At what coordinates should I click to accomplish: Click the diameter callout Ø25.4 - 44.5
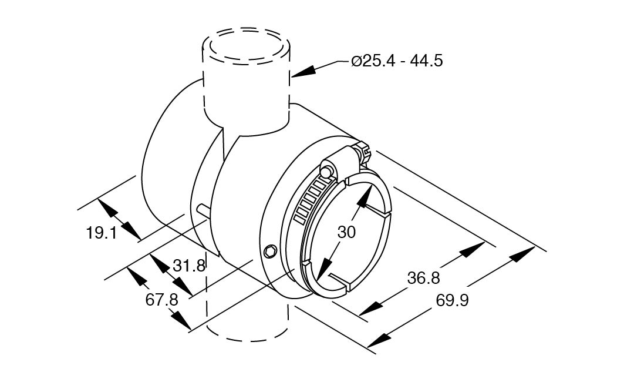pyautogui.click(x=397, y=61)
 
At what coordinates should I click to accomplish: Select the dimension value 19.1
pyautogui.click(x=102, y=233)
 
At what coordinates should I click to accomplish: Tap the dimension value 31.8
pyautogui.click(x=189, y=265)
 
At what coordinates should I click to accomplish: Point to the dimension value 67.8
pyautogui.click(x=161, y=300)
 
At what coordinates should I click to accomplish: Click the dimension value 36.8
pyautogui.click(x=423, y=278)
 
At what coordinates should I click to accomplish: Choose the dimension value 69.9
pyautogui.click(x=453, y=300)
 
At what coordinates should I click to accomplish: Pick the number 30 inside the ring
pyautogui.click(x=346, y=232)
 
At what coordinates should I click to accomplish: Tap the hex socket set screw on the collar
pyautogui.click(x=270, y=251)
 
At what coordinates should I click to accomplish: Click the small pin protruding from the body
pyautogui.click(x=204, y=210)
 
